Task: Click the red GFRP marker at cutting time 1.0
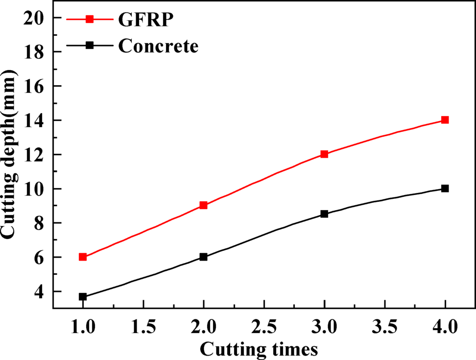(x=83, y=257)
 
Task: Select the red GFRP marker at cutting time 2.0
(x=204, y=205)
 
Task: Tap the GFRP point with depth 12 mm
(x=324, y=154)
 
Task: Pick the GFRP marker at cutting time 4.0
(x=445, y=120)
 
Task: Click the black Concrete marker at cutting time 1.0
(x=83, y=297)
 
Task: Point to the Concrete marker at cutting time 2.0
(x=204, y=257)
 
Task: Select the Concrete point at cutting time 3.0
(x=324, y=214)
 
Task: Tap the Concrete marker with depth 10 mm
(x=445, y=188)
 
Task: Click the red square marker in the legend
(x=90, y=19)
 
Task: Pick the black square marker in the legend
(x=90, y=45)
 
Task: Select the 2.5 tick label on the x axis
(x=264, y=326)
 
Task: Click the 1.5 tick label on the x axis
(x=143, y=326)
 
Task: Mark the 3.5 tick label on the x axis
(x=384, y=326)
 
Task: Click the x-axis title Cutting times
(x=259, y=349)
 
